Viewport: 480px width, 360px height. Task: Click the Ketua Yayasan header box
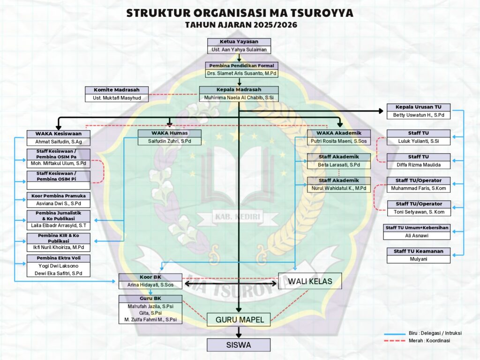click(x=239, y=42)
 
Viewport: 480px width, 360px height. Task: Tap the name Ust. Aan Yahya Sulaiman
click(x=239, y=49)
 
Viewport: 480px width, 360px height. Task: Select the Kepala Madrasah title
click(x=239, y=90)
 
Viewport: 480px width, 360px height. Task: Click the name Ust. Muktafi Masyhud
click(x=117, y=97)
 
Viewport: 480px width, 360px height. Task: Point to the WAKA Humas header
click(x=169, y=133)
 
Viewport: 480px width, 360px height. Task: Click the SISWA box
click(x=239, y=345)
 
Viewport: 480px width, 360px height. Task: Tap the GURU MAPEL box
click(x=239, y=320)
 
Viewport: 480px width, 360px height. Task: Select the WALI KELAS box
click(x=310, y=281)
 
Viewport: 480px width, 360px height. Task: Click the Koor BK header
click(x=150, y=277)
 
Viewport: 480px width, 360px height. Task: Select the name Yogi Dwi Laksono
click(x=58, y=266)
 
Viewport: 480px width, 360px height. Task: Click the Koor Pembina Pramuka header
click(x=58, y=196)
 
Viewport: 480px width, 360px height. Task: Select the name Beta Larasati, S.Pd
click(x=339, y=165)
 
